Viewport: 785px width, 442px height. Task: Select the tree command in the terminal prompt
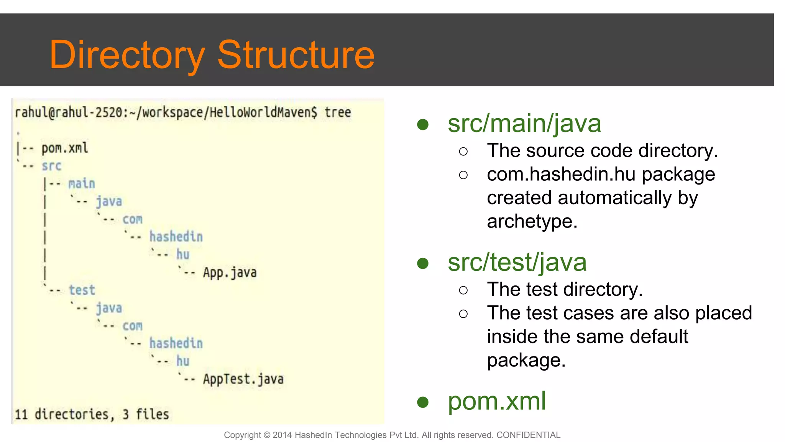[337, 112]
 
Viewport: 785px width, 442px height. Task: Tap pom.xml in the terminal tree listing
[65, 148]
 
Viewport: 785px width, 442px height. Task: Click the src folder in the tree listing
[51, 166]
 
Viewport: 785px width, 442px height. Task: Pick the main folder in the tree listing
[82, 183]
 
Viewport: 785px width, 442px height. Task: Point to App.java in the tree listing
[230, 272]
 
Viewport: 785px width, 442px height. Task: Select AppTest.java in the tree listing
[243, 379]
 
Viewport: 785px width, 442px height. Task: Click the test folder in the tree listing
[82, 290]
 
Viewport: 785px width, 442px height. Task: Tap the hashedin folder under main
[176, 237]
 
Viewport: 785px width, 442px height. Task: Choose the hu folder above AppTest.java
[183, 361]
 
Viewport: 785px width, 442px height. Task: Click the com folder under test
[132, 326]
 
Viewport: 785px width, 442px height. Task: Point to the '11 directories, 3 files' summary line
[92, 414]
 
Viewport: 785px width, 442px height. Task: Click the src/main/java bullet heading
[524, 124]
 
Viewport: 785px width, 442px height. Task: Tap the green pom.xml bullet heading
[497, 401]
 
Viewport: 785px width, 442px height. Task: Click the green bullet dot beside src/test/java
[423, 263]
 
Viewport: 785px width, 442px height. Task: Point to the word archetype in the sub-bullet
[532, 221]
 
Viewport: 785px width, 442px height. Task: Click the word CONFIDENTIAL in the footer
[528, 435]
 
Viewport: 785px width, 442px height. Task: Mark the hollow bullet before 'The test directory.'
[463, 290]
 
